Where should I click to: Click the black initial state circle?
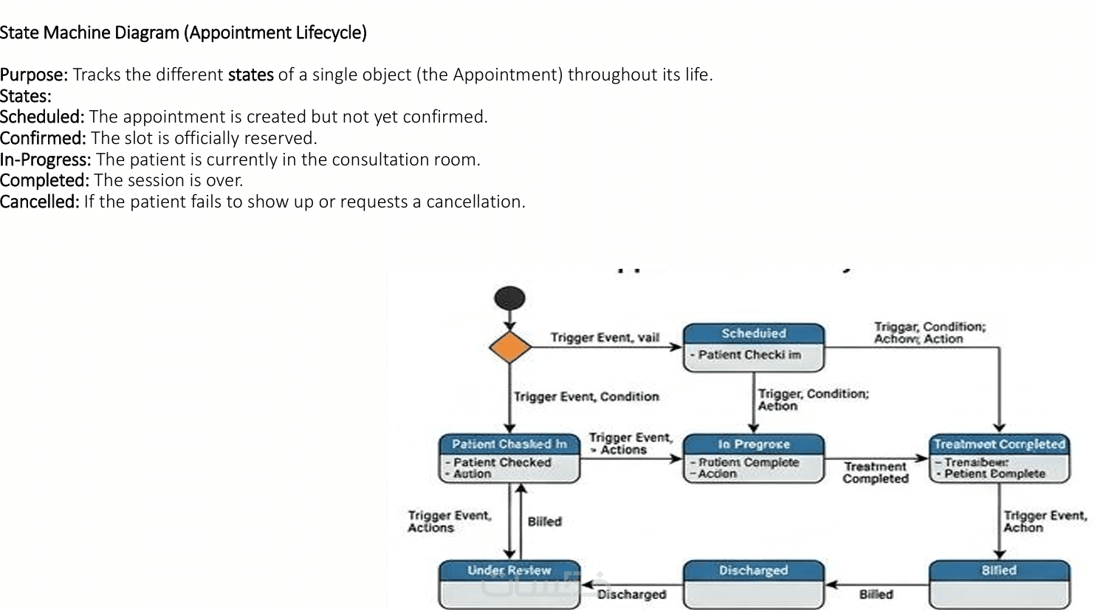[x=509, y=298]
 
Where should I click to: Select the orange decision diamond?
[x=509, y=347]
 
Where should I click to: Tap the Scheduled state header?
[x=753, y=334]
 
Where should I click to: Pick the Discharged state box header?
[x=753, y=570]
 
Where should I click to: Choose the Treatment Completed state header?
[x=999, y=444]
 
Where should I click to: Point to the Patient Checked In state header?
[x=509, y=444]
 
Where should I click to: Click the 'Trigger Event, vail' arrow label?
[x=605, y=337]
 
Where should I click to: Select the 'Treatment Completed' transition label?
[x=876, y=473]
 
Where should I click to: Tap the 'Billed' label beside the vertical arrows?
[x=545, y=521]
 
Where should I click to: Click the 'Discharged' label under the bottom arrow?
[x=632, y=594]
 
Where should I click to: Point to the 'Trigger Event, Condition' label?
[x=586, y=397]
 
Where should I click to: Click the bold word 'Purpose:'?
[x=34, y=75]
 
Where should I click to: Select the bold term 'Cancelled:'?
[x=39, y=202]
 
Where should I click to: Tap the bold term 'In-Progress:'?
[x=46, y=160]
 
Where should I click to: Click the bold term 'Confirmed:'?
[x=43, y=138]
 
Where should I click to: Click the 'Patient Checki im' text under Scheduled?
[x=749, y=354]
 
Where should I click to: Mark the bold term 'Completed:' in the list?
[x=44, y=180]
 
